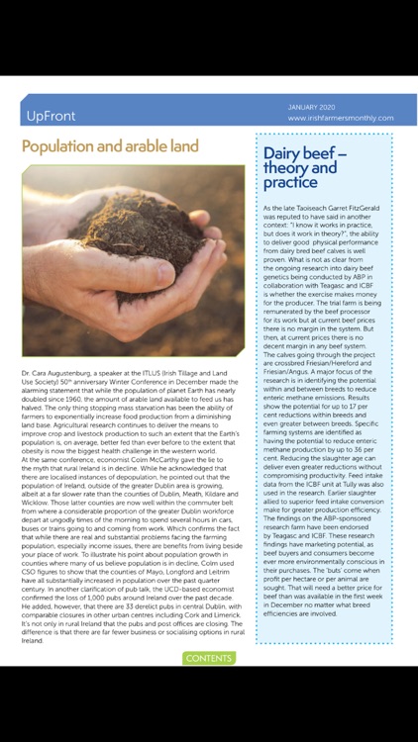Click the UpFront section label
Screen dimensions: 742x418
[x=52, y=115]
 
